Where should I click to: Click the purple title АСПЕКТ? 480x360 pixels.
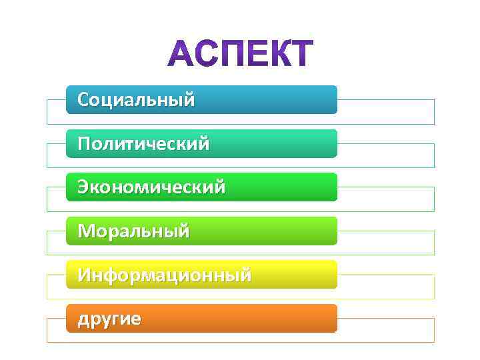(x=240, y=54)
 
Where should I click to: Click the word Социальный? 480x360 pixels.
(x=136, y=100)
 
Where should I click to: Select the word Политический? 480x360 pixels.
(x=143, y=143)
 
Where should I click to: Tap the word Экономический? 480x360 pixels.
(x=151, y=187)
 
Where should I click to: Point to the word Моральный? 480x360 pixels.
(x=133, y=231)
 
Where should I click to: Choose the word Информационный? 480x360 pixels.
(x=164, y=275)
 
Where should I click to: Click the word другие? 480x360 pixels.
(x=109, y=319)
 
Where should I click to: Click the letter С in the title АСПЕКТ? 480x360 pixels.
(x=204, y=54)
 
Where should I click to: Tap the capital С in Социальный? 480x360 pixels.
(x=83, y=100)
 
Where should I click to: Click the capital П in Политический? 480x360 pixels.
(x=84, y=143)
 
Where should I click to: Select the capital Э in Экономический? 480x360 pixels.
(x=83, y=187)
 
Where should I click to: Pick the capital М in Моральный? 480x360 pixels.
(x=86, y=231)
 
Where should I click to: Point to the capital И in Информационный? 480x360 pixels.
(x=84, y=275)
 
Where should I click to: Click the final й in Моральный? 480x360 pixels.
(x=184, y=231)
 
